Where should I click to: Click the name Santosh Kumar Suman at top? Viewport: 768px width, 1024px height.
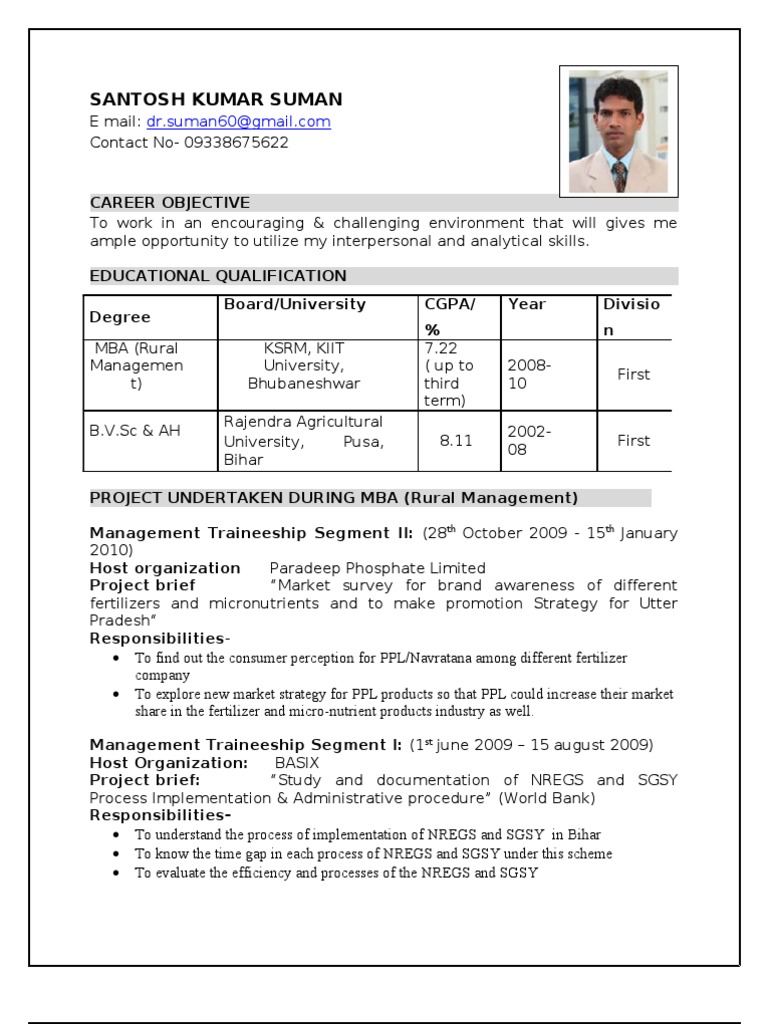click(216, 99)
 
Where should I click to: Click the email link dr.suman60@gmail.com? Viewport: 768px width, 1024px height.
click(238, 122)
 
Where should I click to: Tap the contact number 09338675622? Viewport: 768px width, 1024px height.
click(236, 142)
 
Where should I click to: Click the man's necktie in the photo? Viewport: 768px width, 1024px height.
click(620, 175)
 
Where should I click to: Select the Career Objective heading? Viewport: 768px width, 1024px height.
click(170, 203)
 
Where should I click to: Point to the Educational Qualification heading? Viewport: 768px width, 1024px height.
click(218, 276)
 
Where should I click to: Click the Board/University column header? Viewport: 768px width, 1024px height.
click(295, 304)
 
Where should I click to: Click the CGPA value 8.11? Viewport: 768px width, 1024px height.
click(456, 440)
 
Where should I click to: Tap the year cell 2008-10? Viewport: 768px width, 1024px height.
click(530, 374)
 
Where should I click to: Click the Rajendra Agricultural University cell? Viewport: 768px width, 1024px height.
click(304, 440)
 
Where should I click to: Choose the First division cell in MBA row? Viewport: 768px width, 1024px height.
click(633, 374)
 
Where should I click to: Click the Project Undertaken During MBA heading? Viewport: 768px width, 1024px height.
click(334, 497)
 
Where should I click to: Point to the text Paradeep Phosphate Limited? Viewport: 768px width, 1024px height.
click(378, 568)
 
